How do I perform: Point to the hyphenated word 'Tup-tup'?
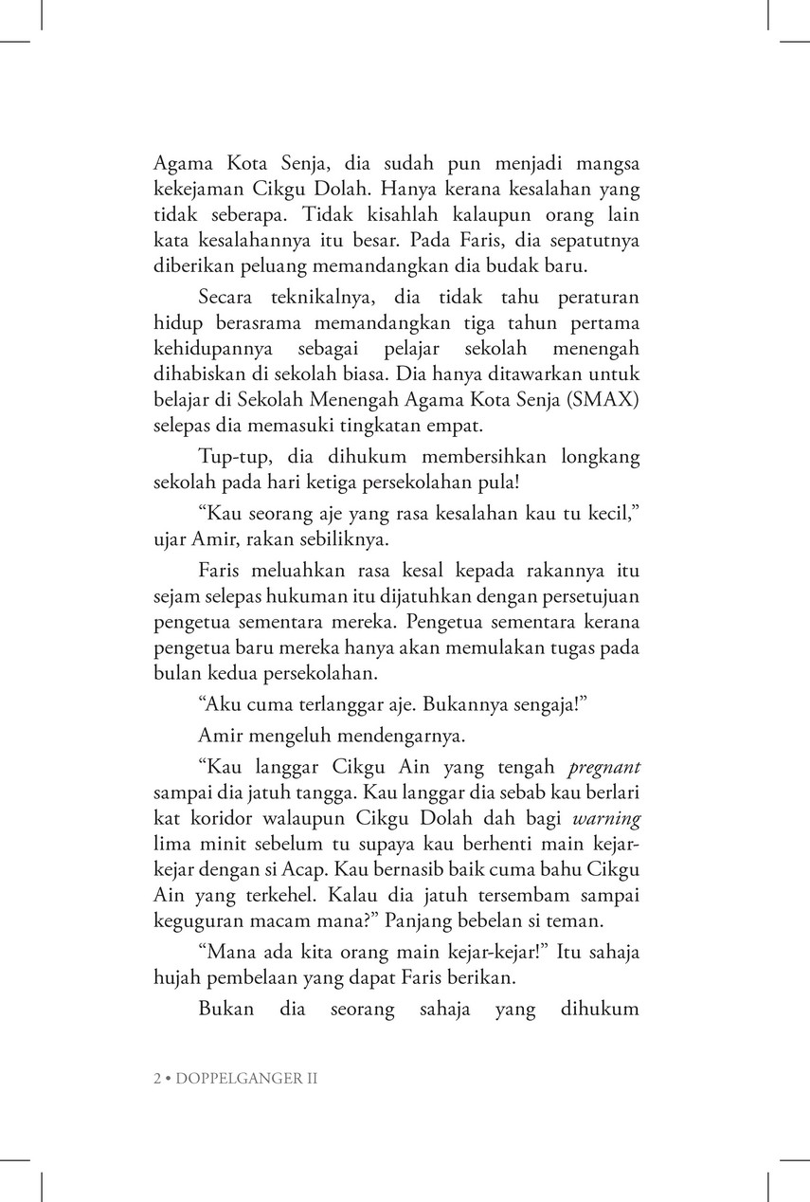[x=232, y=457]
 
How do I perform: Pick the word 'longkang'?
[x=601, y=457]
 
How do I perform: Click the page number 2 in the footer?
[x=157, y=1079]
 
